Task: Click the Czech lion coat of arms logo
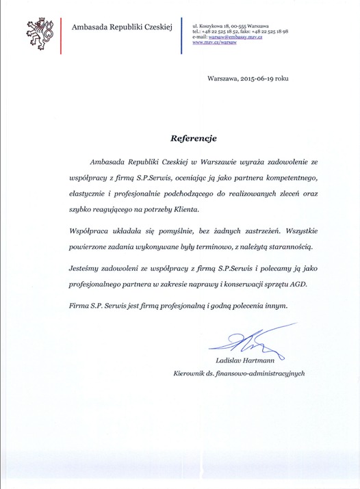tap(42, 33)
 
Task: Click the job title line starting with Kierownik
tap(239, 373)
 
